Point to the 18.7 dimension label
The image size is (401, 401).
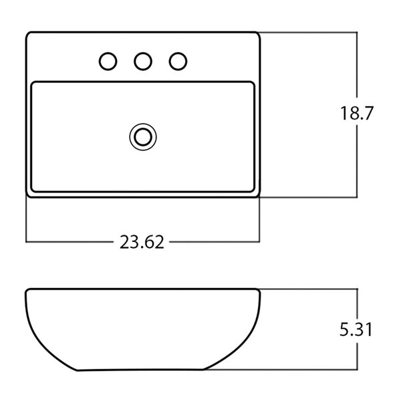pos(357,113)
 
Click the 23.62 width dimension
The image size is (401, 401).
pos(142,242)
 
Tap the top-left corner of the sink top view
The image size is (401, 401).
pos(27,33)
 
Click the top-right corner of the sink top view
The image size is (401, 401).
pos(259,33)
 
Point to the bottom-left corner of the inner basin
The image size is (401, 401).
pos(31,190)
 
